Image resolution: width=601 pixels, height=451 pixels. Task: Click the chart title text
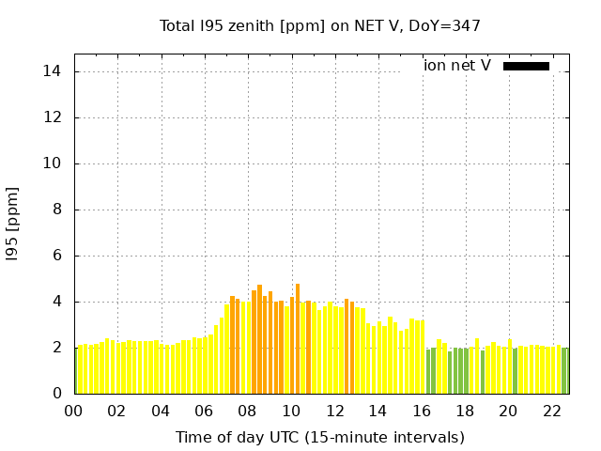pyautogui.click(x=320, y=25)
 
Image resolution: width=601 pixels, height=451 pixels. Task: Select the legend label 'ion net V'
pyautogui.click(x=457, y=66)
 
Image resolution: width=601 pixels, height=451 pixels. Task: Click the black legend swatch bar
pyautogui.click(x=526, y=66)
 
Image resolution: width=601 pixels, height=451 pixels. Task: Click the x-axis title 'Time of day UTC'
pyautogui.click(x=319, y=437)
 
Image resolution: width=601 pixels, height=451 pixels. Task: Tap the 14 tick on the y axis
pyautogui.click(x=54, y=71)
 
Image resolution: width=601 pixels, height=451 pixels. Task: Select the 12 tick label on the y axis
pyautogui.click(x=54, y=117)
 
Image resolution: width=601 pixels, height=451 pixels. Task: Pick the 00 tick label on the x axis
pyautogui.click(x=74, y=411)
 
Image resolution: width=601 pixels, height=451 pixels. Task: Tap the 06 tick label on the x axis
pyautogui.click(x=205, y=411)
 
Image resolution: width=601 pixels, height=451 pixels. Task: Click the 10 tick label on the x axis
pyautogui.click(x=291, y=411)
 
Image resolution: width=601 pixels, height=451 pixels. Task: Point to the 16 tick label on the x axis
pyautogui.click(x=422, y=411)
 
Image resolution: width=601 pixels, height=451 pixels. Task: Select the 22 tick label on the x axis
pyautogui.click(x=552, y=411)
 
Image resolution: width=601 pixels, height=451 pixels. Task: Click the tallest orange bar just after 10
pyautogui.click(x=298, y=338)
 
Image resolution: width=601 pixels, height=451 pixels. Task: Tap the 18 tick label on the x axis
pyautogui.click(x=465, y=411)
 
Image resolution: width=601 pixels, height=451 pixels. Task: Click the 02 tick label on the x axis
pyautogui.click(x=117, y=411)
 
